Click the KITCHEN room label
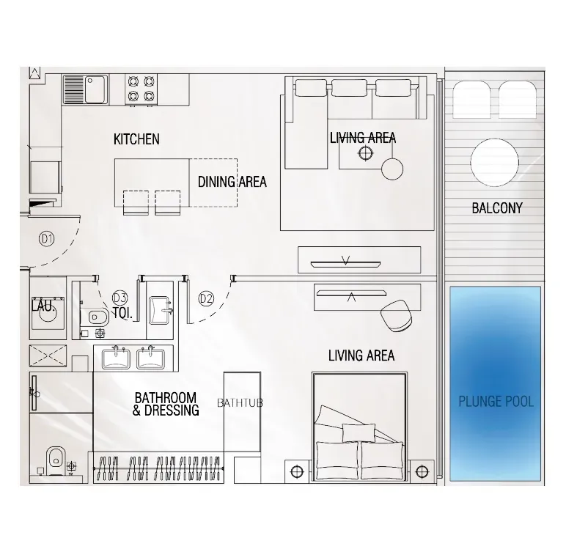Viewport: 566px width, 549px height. pyautogui.click(x=136, y=139)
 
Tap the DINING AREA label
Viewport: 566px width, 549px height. pyautogui.click(x=232, y=182)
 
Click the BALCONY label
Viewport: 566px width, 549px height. pyautogui.click(x=497, y=208)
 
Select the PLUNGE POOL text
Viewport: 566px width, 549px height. pyautogui.click(x=496, y=402)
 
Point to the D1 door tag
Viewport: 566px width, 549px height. pyautogui.click(x=46, y=239)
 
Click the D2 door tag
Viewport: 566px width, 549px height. pyautogui.click(x=206, y=298)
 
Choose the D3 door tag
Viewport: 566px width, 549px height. pyautogui.click(x=120, y=298)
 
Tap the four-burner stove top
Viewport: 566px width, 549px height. pyautogui.click(x=141, y=89)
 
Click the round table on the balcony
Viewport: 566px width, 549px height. pyautogui.click(x=495, y=163)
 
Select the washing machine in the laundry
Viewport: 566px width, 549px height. pyautogui.click(x=48, y=313)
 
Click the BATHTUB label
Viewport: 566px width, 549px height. pyautogui.click(x=240, y=403)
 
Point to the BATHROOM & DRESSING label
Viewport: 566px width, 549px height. pyautogui.click(x=166, y=404)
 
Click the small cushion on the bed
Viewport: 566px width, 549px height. pyautogui.click(x=359, y=432)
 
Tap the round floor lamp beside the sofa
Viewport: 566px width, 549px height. pyautogui.click(x=392, y=169)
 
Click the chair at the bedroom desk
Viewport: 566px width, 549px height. pyautogui.click(x=396, y=316)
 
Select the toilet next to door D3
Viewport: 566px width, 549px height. pyautogui.click(x=95, y=317)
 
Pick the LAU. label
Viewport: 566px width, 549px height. pyautogui.click(x=43, y=306)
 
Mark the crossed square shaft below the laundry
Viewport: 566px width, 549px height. pyautogui.click(x=48, y=355)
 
